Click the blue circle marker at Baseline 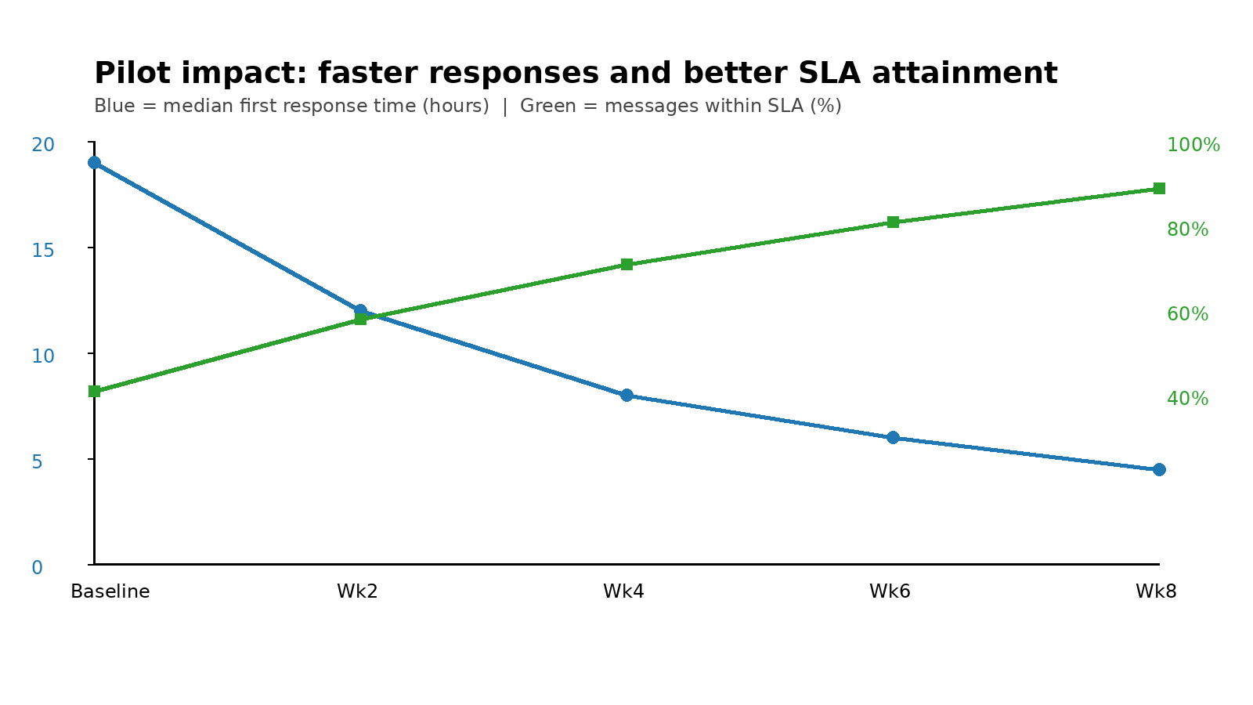pyautogui.click(x=94, y=162)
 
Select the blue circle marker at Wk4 pyautogui.click(x=626, y=395)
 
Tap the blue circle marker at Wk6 pyautogui.click(x=893, y=437)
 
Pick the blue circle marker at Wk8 pyautogui.click(x=1159, y=469)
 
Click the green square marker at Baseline pyautogui.click(x=94, y=391)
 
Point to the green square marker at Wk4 pyautogui.click(x=626, y=264)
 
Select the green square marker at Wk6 pyautogui.click(x=893, y=222)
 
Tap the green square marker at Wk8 pyautogui.click(x=1159, y=188)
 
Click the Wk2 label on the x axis pyautogui.click(x=357, y=591)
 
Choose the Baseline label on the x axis pyautogui.click(x=110, y=591)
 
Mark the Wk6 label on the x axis pyautogui.click(x=890, y=591)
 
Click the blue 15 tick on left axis pyautogui.click(x=43, y=250)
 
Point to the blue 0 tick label pyautogui.click(x=37, y=567)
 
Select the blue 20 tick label pyautogui.click(x=43, y=145)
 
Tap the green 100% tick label pyautogui.click(x=1193, y=145)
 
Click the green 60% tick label pyautogui.click(x=1187, y=314)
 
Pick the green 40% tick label pyautogui.click(x=1187, y=399)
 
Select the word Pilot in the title pyautogui.click(x=126, y=74)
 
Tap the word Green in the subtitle pyautogui.click(x=546, y=106)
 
